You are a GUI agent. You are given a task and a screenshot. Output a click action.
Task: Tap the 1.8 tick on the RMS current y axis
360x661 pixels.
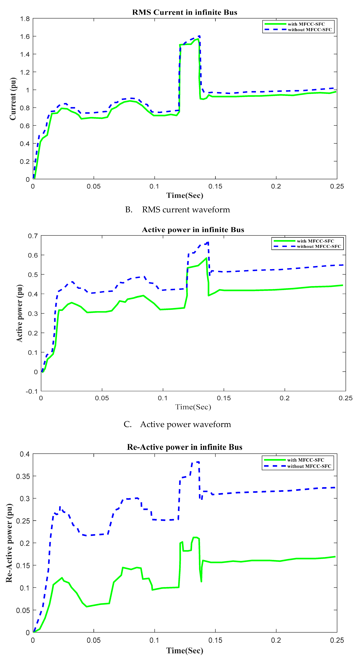pos(25,19)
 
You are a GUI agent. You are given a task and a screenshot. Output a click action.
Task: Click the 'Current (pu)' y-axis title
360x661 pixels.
pos(13,99)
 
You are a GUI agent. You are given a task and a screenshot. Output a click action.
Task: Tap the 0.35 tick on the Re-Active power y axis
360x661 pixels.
pos(23,476)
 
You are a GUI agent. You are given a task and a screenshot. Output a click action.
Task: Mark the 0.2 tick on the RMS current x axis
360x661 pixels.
pos(276,186)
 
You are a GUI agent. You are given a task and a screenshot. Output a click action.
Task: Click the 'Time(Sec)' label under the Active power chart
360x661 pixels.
pos(193,407)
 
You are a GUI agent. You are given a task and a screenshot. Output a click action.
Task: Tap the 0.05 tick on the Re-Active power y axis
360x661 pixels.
pos(23,610)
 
